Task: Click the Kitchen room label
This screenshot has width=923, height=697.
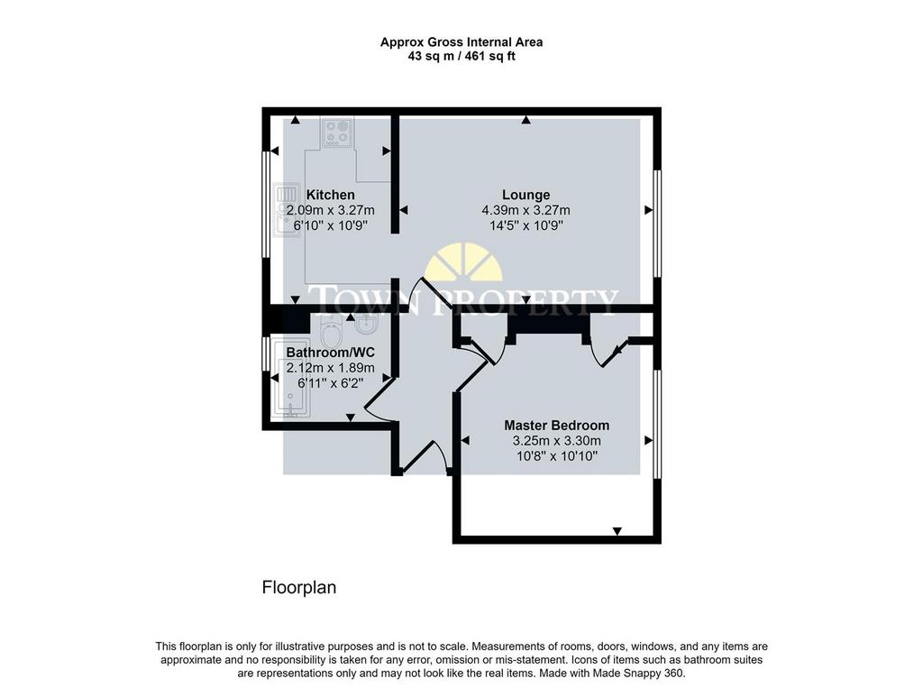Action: (330, 195)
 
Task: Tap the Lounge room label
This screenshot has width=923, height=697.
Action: (525, 195)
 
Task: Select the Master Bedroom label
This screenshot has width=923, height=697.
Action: (557, 425)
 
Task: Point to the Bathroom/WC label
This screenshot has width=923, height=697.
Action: (330, 352)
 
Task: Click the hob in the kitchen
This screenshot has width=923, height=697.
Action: (337, 133)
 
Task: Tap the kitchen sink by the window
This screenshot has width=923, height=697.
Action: (288, 210)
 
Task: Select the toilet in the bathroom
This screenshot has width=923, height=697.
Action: (332, 333)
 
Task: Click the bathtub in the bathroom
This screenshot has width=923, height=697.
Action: (289, 379)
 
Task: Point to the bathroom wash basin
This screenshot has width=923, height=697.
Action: (366, 325)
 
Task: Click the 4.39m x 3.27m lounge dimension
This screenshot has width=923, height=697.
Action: (525, 210)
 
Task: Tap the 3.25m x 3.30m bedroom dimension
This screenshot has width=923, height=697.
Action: (557, 440)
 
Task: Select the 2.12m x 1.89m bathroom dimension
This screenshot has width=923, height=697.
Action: (330, 368)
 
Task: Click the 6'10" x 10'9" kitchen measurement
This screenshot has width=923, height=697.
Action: (330, 225)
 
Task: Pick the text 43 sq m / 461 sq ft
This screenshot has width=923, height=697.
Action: (461, 57)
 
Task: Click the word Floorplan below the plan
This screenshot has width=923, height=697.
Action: (299, 588)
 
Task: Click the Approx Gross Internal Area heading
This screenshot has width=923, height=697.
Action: (461, 41)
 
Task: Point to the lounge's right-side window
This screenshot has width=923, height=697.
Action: (657, 224)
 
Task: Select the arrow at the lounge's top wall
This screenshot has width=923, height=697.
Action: (526, 121)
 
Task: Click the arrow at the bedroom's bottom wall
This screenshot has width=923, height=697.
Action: (617, 531)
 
